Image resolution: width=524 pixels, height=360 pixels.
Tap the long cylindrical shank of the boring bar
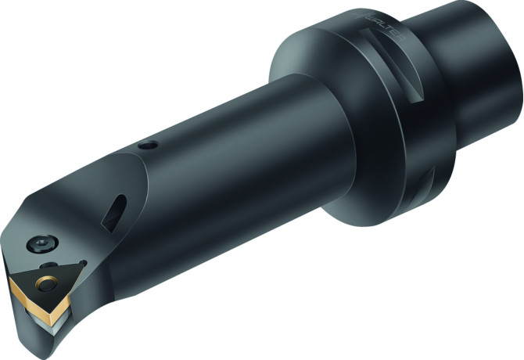click(235, 157)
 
